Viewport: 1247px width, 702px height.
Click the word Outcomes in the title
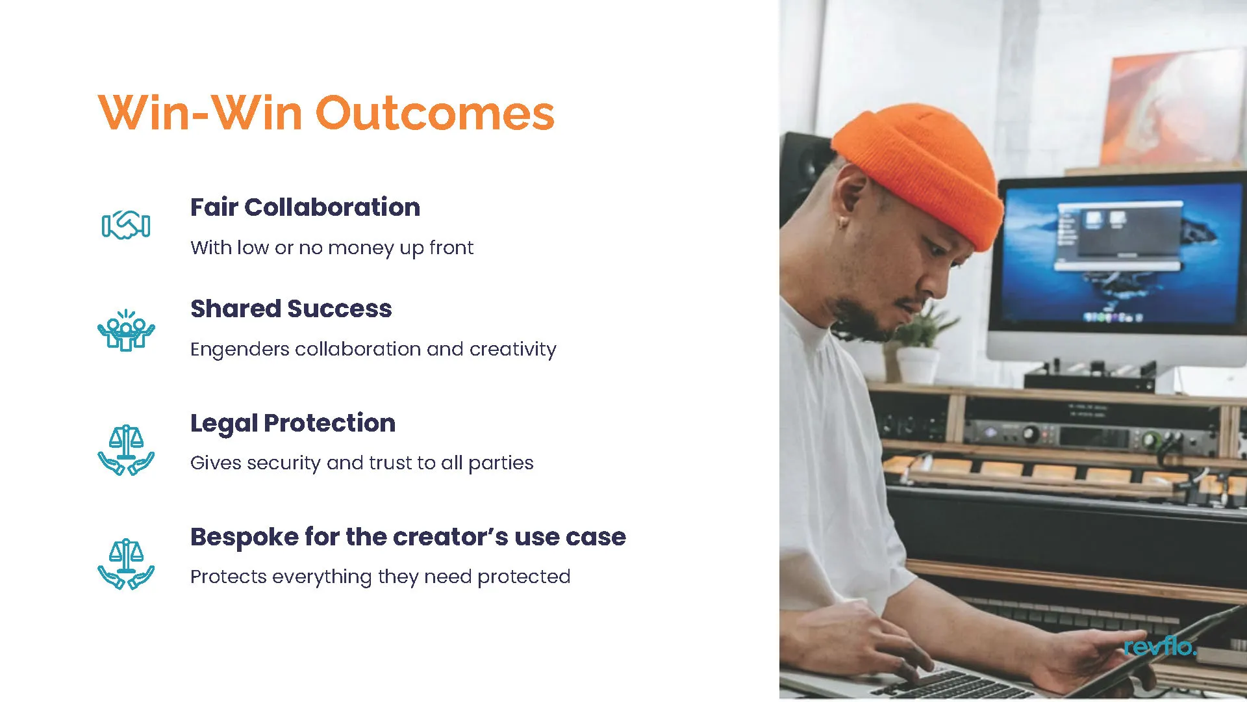pos(435,113)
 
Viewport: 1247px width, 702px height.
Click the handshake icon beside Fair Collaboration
pos(126,225)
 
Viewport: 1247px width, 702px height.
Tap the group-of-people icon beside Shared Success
pos(126,330)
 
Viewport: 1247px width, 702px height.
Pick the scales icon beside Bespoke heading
pos(126,564)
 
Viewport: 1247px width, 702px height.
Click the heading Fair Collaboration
pos(305,207)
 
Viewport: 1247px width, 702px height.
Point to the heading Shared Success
pos(291,309)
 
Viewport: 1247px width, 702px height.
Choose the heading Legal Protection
pos(293,423)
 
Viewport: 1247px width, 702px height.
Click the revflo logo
pos(1160,645)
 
